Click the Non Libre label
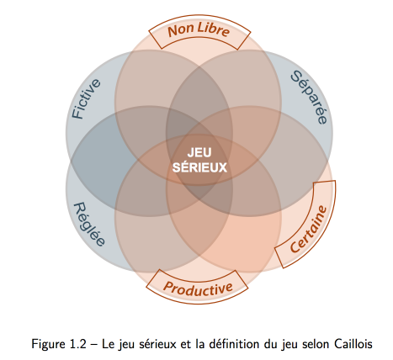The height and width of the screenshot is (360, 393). coord(199,30)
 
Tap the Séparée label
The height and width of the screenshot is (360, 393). coord(309,97)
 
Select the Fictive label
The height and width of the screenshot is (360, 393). coord(86,98)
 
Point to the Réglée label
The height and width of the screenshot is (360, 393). coord(89,225)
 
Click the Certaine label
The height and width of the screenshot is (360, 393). coord(309,229)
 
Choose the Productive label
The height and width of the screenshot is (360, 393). coord(198,289)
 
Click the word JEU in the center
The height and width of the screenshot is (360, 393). coord(199,153)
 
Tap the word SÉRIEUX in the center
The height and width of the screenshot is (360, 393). coord(199,167)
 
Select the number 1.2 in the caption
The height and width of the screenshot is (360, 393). coord(77,344)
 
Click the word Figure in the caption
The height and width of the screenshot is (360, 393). coord(48,345)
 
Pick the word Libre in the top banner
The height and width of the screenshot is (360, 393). coord(214,29)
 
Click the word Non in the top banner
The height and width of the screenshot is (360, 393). coord(181,31)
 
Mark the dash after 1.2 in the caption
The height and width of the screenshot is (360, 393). coord(93,345)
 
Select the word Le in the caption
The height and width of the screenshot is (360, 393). coord(108,344)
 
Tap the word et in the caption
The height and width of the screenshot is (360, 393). coord(184,344)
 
